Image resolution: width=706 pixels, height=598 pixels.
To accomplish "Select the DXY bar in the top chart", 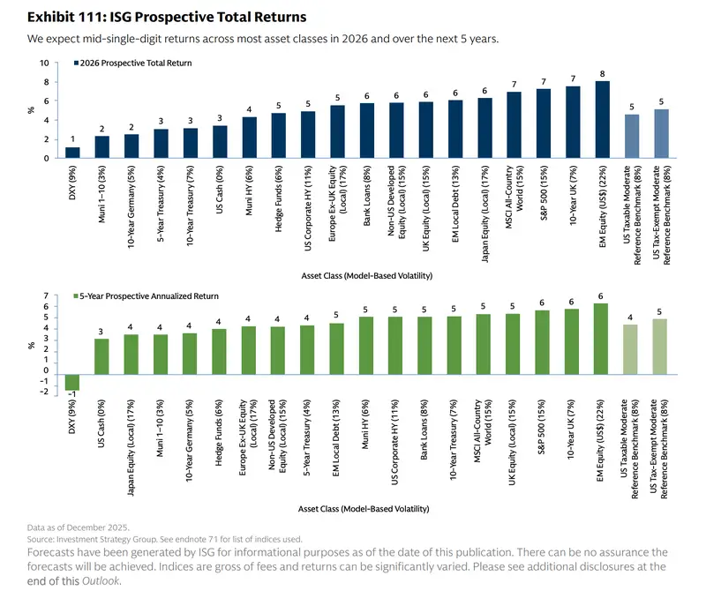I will (72, 153).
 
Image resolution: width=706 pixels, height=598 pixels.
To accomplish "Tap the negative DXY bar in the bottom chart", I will (72, 382).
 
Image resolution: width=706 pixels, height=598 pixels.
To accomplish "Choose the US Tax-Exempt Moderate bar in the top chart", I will (660, 134).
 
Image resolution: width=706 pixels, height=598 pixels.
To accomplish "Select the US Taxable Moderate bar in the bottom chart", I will (631, 350).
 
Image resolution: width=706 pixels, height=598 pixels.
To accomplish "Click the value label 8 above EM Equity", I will (602, 73).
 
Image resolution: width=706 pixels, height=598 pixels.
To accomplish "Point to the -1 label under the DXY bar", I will (72, 396).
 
